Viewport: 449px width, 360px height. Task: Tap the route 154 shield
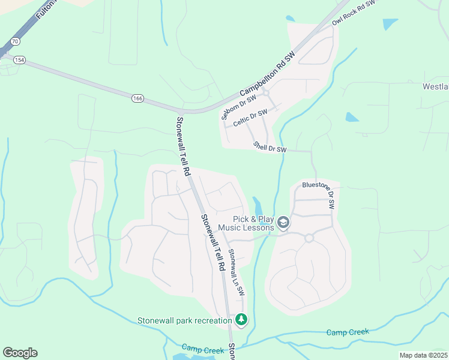pos(4,59)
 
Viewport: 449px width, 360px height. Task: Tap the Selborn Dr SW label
pos(238,106)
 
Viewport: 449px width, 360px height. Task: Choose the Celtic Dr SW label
pos(250,116)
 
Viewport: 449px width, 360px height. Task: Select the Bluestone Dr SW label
pos(318,194)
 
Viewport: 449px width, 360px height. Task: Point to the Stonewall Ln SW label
pos(237,272)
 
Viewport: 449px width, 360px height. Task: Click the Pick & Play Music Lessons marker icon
pos(283,224)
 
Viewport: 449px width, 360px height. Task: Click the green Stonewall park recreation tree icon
pos(241,319)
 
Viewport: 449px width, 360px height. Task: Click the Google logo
pos(20,353)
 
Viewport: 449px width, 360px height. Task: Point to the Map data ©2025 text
pos(424,355)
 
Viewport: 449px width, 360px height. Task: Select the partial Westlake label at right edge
pos(435,86)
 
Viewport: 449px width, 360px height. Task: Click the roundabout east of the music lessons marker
pos(309,238)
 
